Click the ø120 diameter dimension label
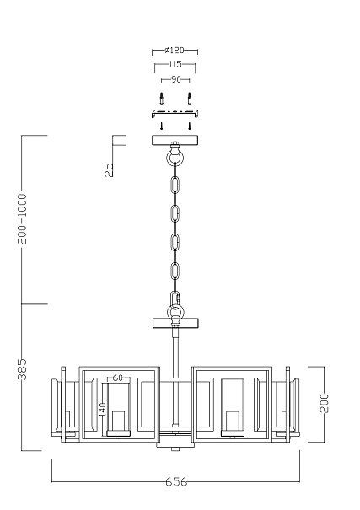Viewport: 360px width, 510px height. pyautogui.click(x=175, y=50)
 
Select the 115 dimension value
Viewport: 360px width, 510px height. pyautogui.click(x=175, y=64)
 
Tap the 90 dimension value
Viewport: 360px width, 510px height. pyautogui.click(x=175, y=79)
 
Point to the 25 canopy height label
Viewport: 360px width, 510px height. pyautogui.click(x=109, y=169)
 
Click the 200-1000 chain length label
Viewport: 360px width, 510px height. pyautogui.click(x=22, y=219)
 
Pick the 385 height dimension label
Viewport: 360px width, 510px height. pyautogui.click(x=22, y=369)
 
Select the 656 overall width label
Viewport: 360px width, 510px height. pyautogui.click(x=176, y=481)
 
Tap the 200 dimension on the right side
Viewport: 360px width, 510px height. pyautogui.click(x=325, y=403)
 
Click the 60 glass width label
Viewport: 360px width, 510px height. pyautogui.click(x=117, y=378)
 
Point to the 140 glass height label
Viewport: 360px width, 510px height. pyautogui.click(x=103, y=410)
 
